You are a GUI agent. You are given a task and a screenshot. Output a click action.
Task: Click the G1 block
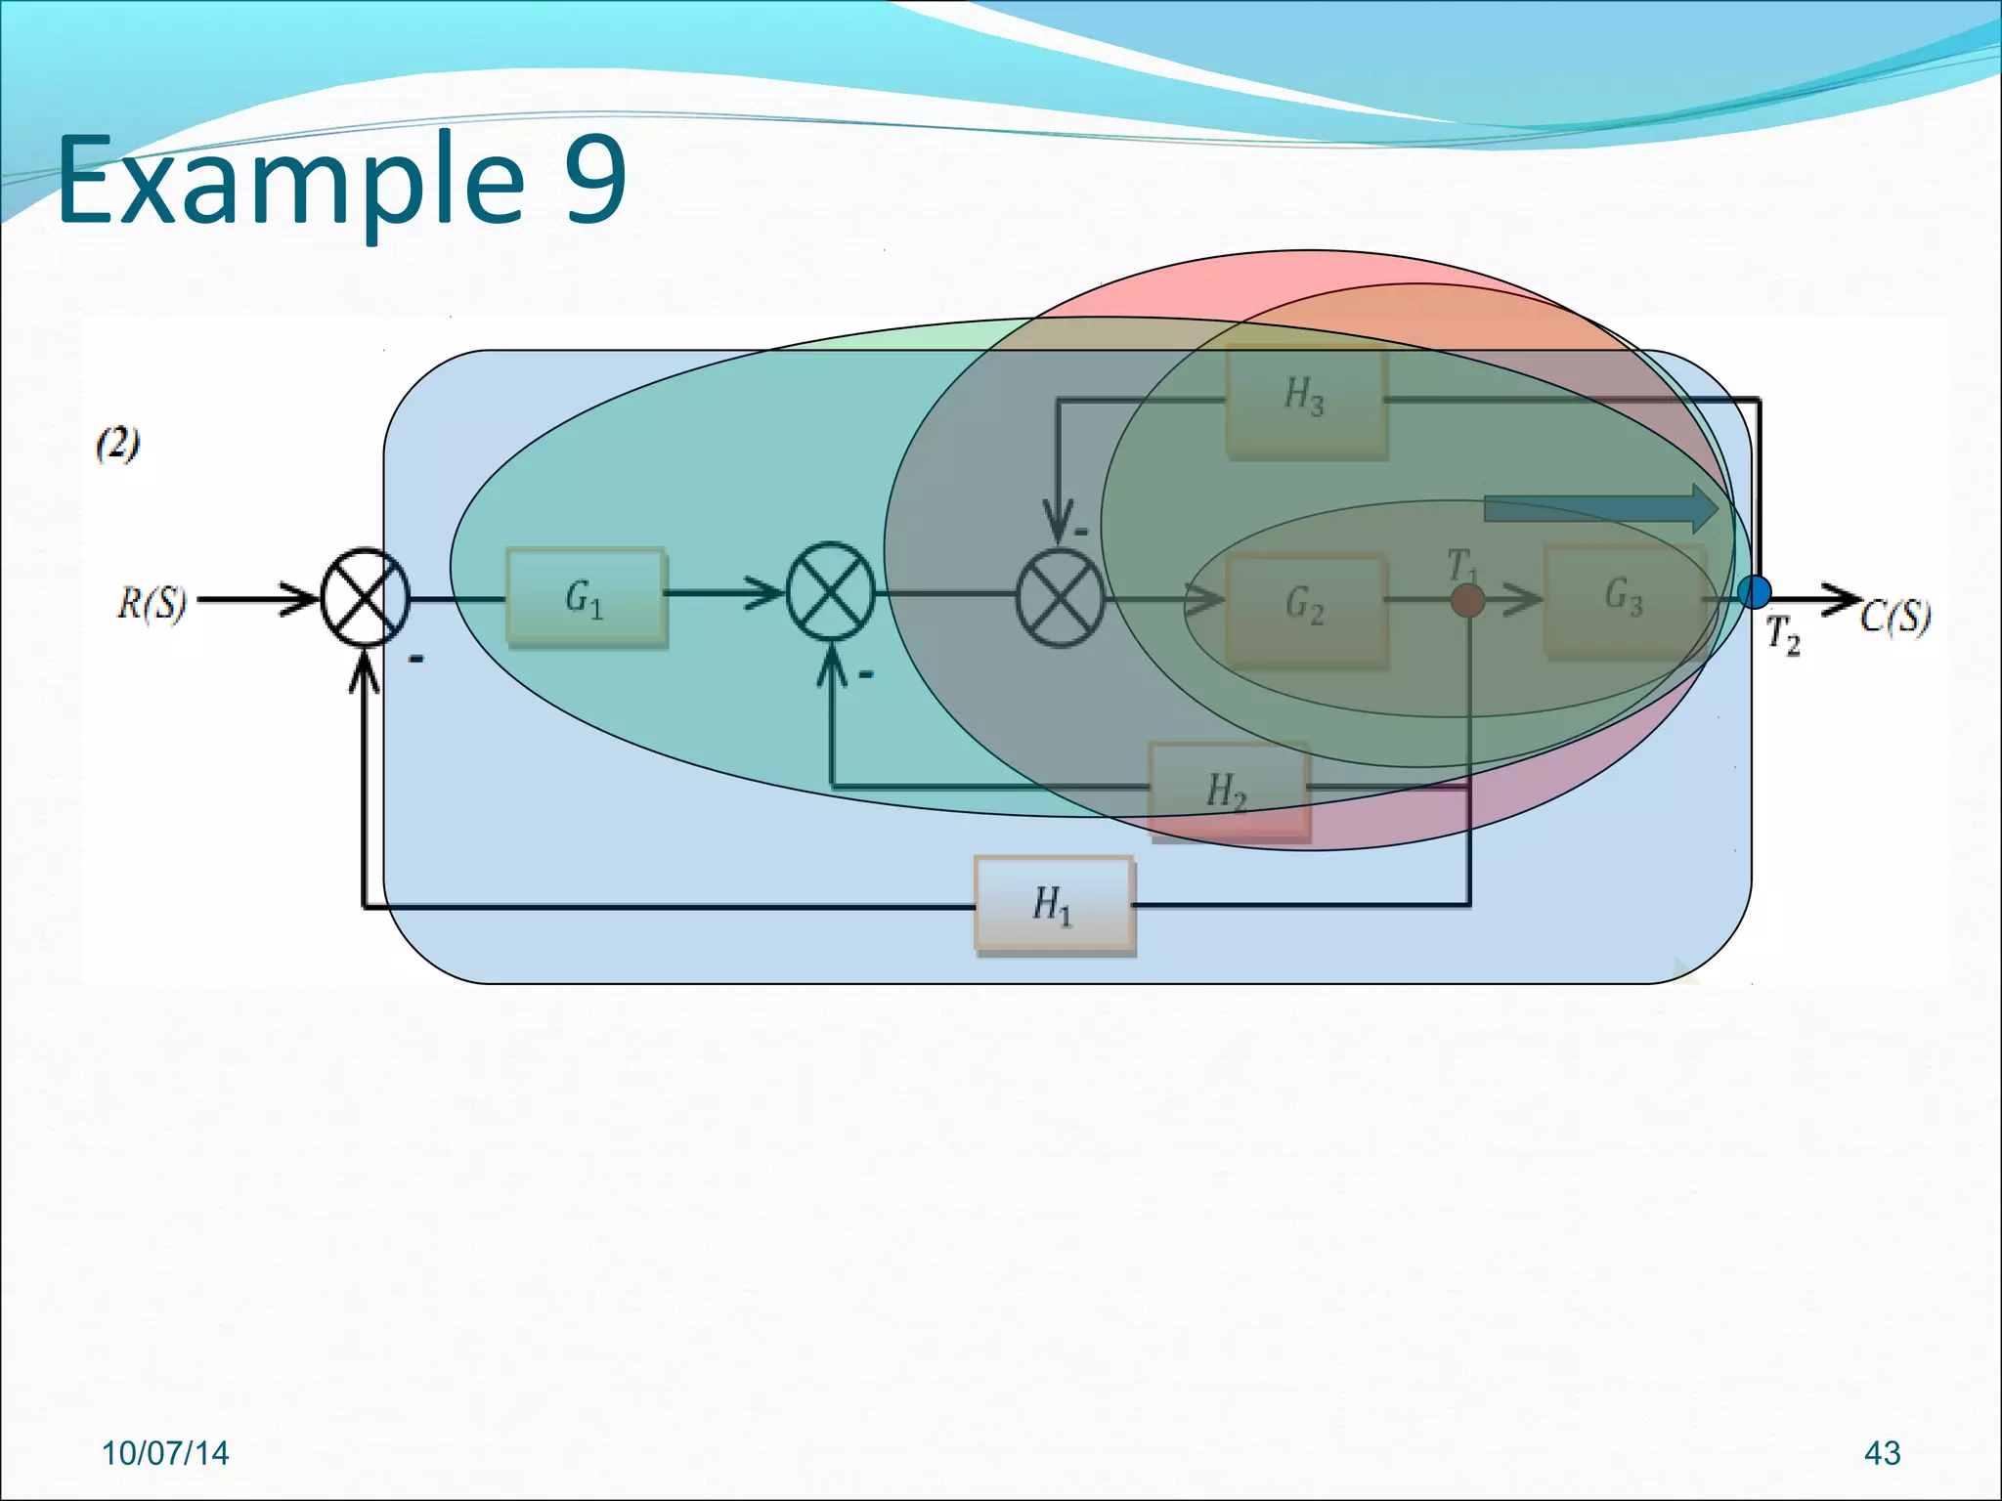pos(586,597)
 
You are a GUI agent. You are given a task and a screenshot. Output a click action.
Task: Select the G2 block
pos(1305,607)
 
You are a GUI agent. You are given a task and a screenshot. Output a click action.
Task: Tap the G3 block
pos(1624,599)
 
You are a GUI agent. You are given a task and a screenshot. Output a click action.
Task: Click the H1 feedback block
pos(1054,904)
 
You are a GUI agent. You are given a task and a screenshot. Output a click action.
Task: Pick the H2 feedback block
pos(1228,791)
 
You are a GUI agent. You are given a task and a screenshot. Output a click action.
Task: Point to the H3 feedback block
pos(1306,399)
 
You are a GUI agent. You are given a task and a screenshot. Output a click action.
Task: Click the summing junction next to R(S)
pos(365,597)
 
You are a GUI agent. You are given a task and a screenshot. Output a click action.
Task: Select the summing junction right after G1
pos(831,592)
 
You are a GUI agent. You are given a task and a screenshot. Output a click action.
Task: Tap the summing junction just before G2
pos(1060,597)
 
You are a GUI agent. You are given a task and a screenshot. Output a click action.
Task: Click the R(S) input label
pos(152,603)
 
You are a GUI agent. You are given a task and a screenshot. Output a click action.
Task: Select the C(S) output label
pos(1894,618)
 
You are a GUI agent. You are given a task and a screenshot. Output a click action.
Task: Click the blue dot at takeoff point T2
pos(1754,592)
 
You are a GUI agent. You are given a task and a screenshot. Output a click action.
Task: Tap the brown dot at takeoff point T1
pos(1467,600)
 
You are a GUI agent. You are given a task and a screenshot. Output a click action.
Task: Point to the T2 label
pos(1783,635)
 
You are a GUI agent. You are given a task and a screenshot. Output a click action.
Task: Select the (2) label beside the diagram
pos(117,445)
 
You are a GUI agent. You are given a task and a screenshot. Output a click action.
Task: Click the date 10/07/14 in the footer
pos(165,1453)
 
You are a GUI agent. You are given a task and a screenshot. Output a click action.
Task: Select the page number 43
pos(1882,1453)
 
